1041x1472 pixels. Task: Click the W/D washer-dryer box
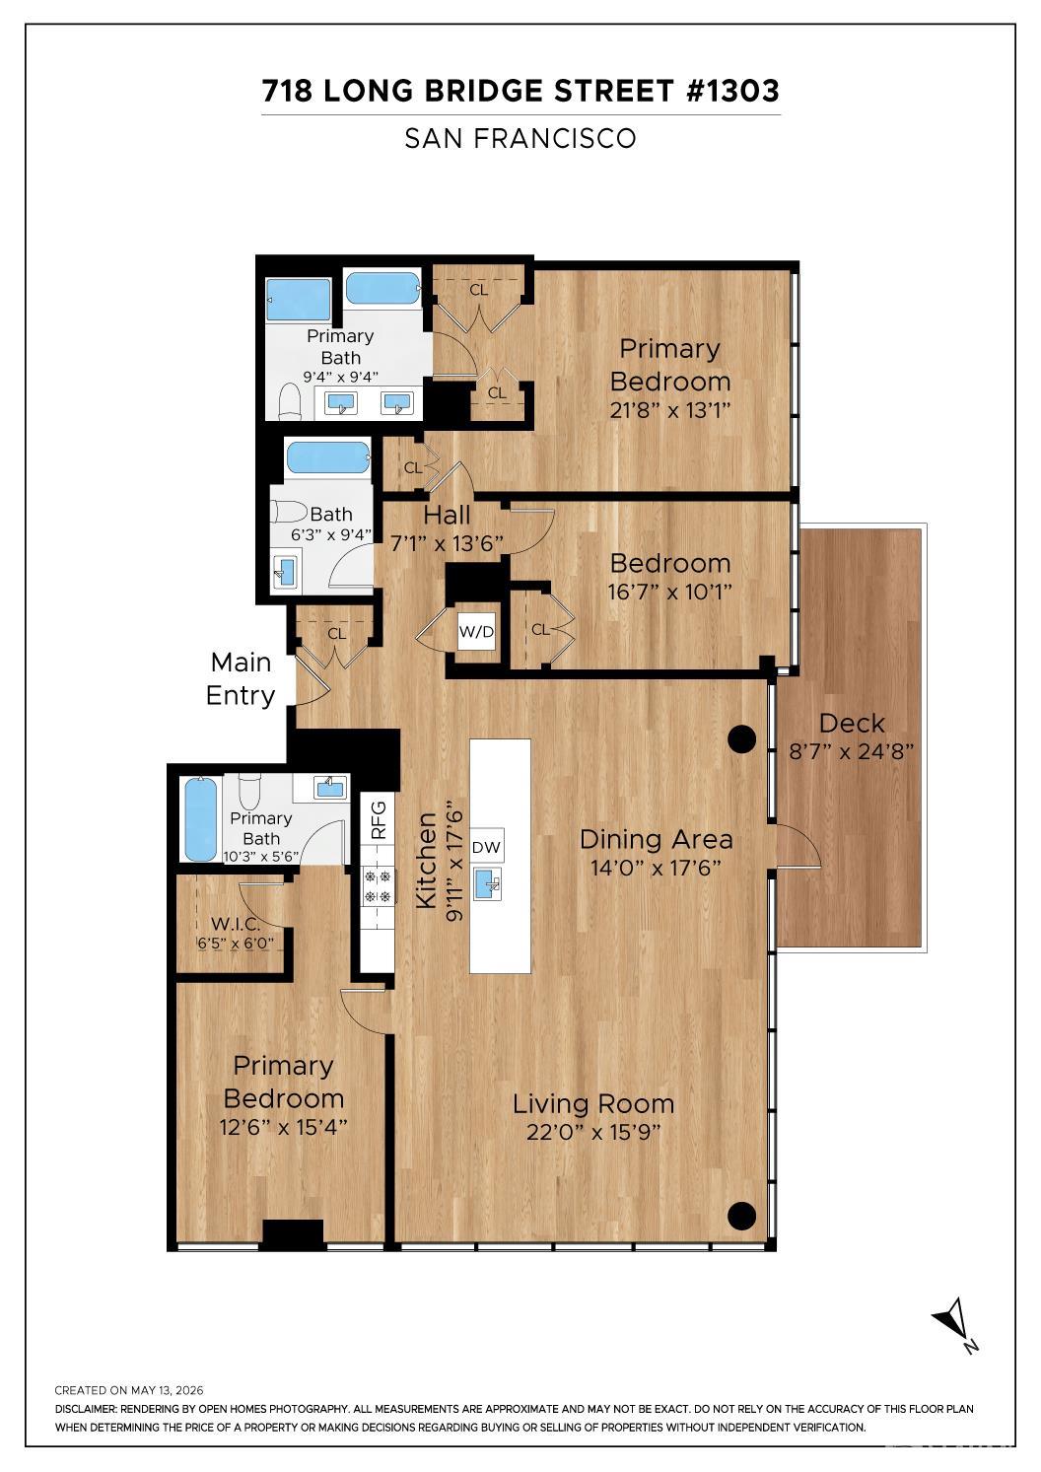pyautogui.click(x=476, y=632)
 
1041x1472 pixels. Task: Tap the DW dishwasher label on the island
pyautogui.click(x=486, y=847)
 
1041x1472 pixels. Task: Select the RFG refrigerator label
pyautogui.click(x=380, y=819)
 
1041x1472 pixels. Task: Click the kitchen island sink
pyautogui.click(x=487, y=883)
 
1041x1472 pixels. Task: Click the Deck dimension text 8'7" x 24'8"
pyautogui.click(x=851, y=751)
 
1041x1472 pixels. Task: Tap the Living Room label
pyautogui.click(x=592, y=1103)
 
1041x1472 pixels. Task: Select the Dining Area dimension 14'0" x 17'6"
pyautogui.click(x=656, y=868)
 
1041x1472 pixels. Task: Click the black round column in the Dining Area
pyautogui.click(x=742, y=738)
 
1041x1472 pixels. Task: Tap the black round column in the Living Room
pyautogui.click(x=742, y=1214)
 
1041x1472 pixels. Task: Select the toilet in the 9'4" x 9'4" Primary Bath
pyautogui.click(x=289, y=401)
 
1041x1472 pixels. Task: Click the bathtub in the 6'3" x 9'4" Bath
pyautogui.click(x=328, y=457)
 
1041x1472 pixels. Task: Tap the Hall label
pyautogui.click(x=447, y=515)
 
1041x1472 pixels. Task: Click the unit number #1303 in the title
pyautogui.click(x=732, y=91)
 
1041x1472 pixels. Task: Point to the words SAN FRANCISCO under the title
pyautogui.click(x=520, y=138)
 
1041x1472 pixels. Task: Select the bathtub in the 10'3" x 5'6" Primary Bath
pyautogui.click(x=200, y=818)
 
